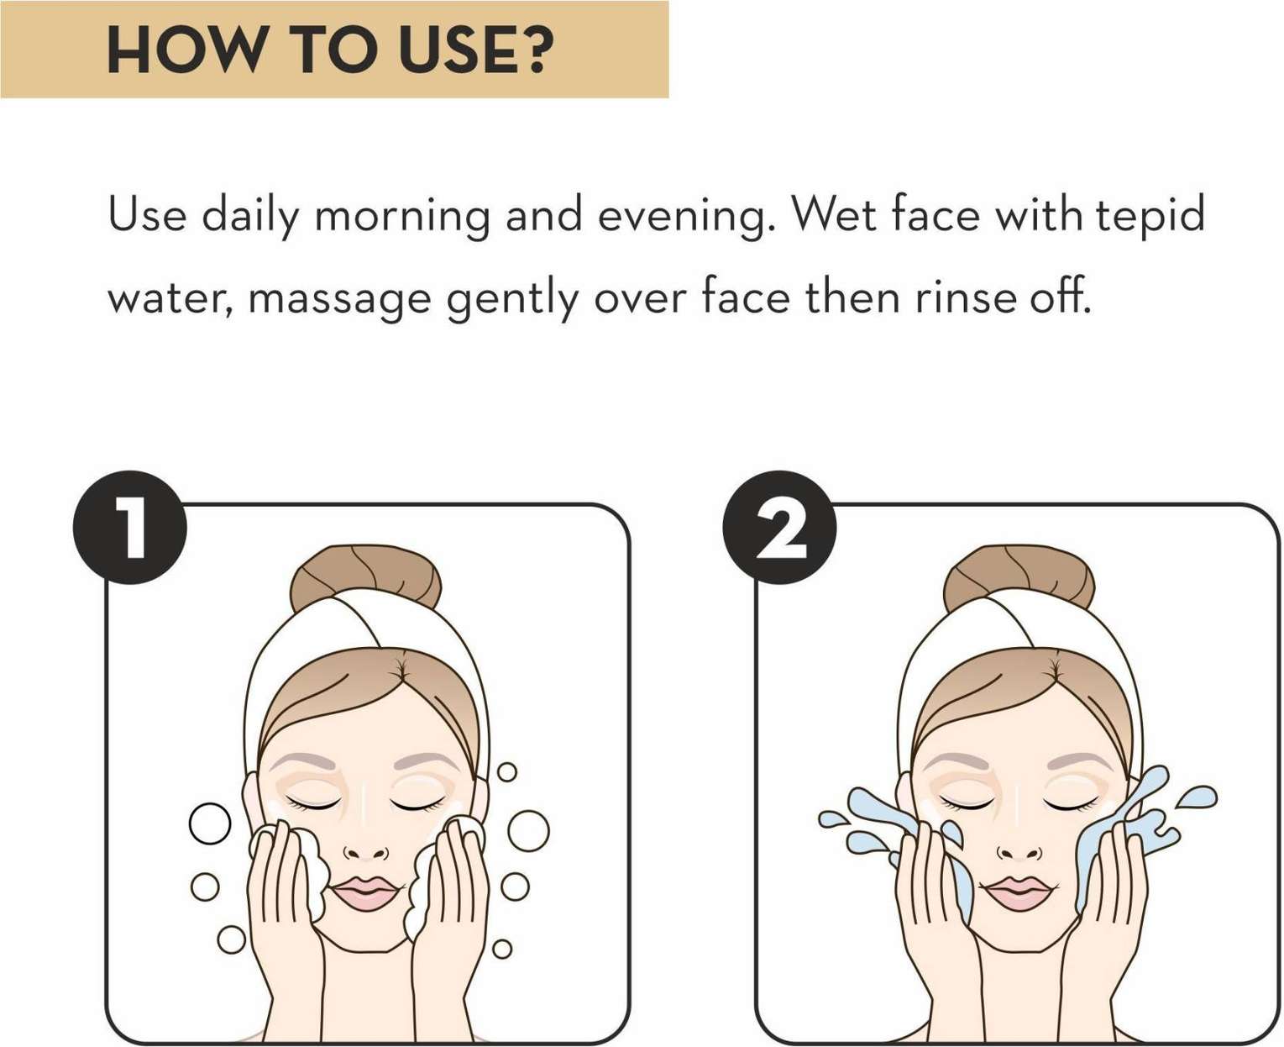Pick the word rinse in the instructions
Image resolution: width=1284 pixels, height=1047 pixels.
tap(966, 298)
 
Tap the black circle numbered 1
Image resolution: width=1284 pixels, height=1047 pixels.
tap(129, 529)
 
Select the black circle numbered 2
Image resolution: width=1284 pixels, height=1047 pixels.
tap(779, 529)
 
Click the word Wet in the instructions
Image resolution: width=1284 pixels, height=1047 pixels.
tap(834, 215)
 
